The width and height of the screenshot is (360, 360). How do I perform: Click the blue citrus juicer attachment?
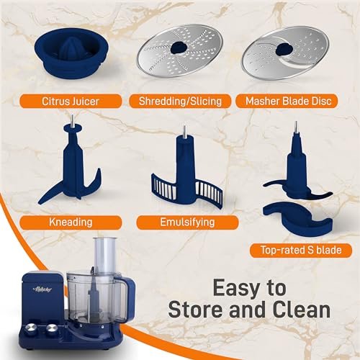71,53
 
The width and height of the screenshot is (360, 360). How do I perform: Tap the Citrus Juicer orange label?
71,101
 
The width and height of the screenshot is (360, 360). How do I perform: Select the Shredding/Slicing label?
180,101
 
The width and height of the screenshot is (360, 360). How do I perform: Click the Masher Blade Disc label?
287,101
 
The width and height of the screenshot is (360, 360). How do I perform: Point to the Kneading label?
71,222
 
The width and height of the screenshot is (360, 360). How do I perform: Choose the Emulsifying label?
187,222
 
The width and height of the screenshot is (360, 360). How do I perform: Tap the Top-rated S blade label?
301,251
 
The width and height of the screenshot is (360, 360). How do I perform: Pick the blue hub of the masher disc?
284,49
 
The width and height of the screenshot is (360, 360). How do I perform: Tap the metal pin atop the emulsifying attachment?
184,131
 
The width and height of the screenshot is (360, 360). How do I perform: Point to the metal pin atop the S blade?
296,128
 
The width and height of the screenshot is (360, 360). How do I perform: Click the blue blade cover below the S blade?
298,218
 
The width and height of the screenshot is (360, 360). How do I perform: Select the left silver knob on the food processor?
32,328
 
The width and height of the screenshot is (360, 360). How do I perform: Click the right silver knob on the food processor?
52,329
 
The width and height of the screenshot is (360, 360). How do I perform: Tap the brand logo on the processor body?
42,289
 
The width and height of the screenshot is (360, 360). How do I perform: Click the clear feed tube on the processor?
104,256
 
